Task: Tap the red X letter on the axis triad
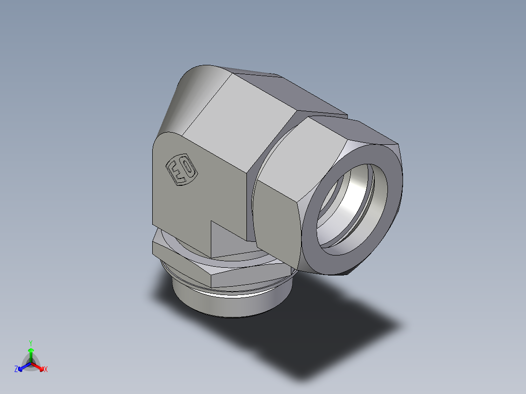click(46, 370)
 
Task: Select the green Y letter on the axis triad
click(31, 343)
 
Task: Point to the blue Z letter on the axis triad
click(16, 370)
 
